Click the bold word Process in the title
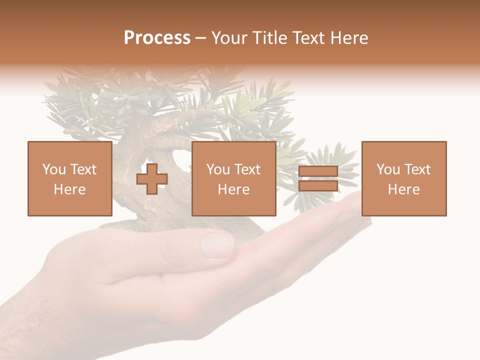[157, 38]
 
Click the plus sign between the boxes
[152, 179]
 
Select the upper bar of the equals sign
[318, 171]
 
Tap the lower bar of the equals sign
[318, 186]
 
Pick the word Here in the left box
[69, 189]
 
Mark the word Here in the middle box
[233, 189]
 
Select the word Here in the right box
[403, 189]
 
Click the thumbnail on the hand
[217, 244]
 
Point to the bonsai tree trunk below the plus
[150, 210]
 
